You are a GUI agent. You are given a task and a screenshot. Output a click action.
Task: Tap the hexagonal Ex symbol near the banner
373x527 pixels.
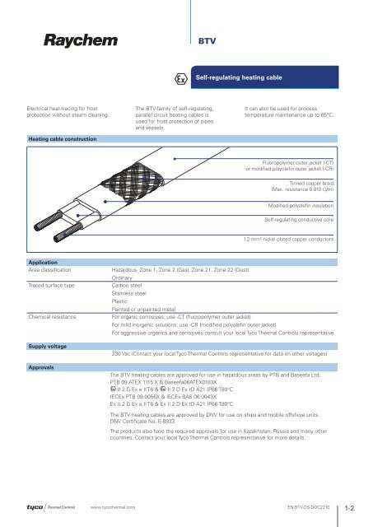180,77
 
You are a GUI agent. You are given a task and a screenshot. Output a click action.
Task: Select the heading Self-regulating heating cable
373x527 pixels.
240,77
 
